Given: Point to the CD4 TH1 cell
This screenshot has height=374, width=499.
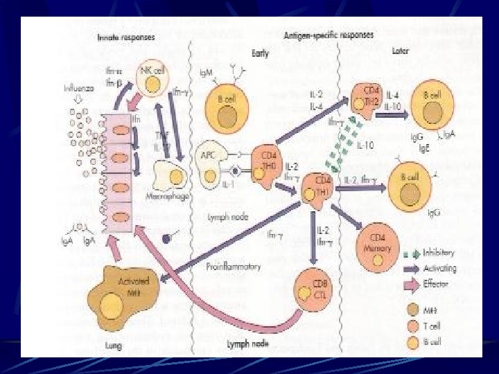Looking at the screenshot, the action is [x=319, y=187].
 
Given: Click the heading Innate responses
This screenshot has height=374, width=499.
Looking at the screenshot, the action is [x=127, y=35].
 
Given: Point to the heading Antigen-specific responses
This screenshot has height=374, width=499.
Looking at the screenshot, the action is [x=329, y=34].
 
